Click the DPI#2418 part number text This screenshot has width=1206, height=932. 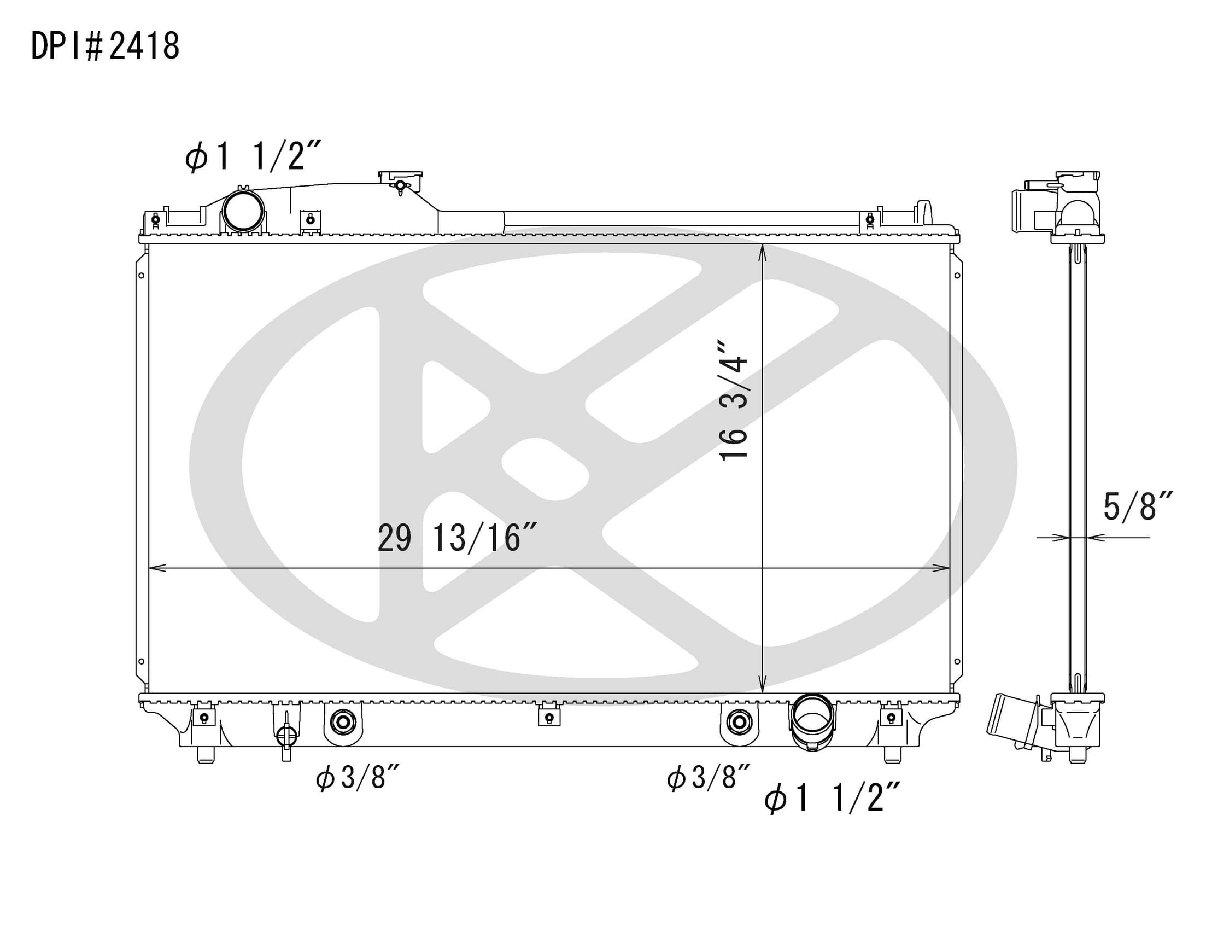pyautogui.click(x=105, y=46)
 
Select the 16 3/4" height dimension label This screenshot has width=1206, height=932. pyautogui.click(x=733, y=400)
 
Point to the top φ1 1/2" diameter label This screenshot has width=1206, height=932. pyautogui.click(x=253, y=156)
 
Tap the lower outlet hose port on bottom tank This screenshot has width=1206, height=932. pyautogui.click(x=812, y=722)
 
